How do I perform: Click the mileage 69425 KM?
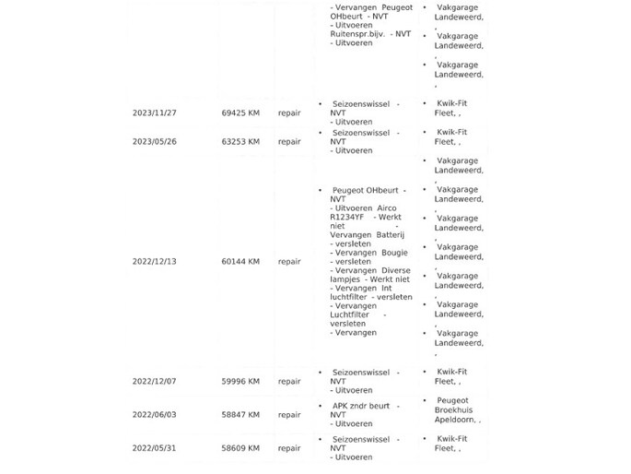coord(240,113)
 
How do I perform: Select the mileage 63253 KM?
coord(240,141)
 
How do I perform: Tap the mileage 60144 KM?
coord(240,262)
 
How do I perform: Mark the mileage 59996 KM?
coord(240,381)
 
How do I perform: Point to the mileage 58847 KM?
coord(240,415)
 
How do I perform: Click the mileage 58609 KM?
coord(240,448)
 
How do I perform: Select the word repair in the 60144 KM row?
coord(289,262)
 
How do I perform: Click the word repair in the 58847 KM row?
coord(289,415)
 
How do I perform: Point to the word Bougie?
coord(394,252)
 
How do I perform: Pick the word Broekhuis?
coord(457,410)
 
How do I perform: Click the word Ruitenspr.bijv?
coord(356,34)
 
